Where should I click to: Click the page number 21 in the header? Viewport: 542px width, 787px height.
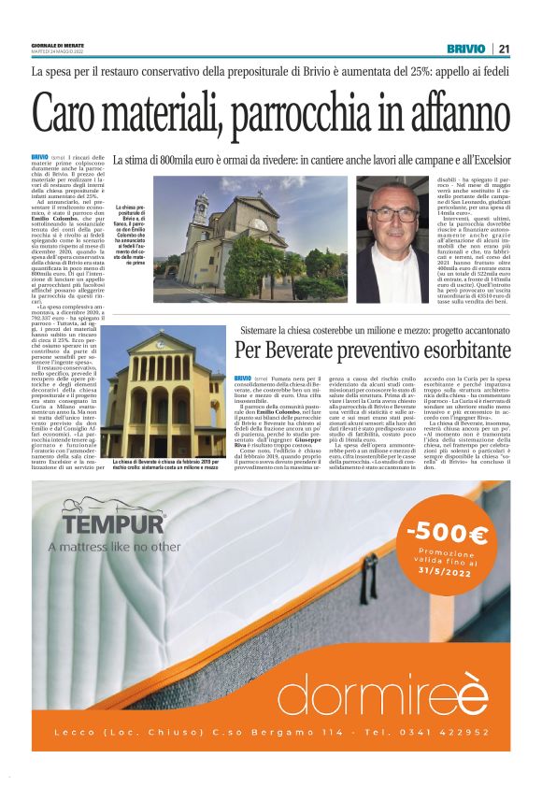pos(504,48)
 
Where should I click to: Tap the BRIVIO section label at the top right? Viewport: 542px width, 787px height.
pos(465,48)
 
